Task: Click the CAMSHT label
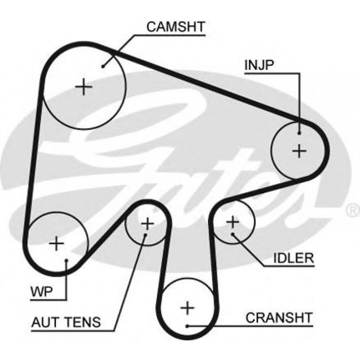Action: tap(176, 26)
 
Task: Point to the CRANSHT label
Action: tap(279, 318)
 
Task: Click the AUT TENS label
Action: tap(66, 322)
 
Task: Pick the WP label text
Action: tap(42, 292)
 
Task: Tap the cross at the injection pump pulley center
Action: tap(299, 150)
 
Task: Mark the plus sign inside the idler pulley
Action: tap(233, 221)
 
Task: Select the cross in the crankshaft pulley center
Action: tap(188, 308)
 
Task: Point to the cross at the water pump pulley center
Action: tap(56, 243)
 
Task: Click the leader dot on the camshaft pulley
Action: tap(103, 66)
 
